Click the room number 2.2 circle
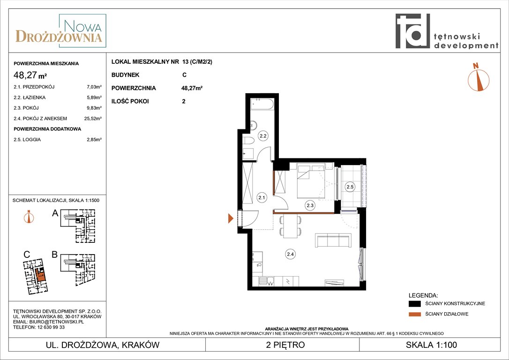(263, 136)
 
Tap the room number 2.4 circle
(290, 254)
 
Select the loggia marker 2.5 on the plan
(350, 187)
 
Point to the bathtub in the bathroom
(262, 105)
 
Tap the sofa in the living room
(333, 240)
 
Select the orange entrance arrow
(231, 218)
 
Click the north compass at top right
(478, 77)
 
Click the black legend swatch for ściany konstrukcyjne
(414, 304)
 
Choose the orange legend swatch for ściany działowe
(414, 314)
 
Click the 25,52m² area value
(93, 119)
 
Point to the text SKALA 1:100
(431, 345)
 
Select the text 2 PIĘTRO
(285, 345)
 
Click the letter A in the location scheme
(55, 213)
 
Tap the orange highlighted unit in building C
(40, 275)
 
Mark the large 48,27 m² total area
(30, 75)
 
